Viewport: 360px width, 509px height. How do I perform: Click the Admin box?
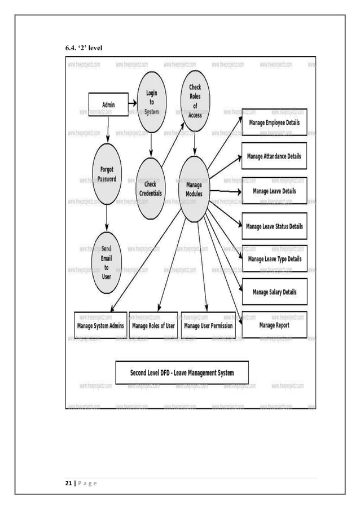(x=108, y=105)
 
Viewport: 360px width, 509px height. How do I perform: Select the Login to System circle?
(x=151, y=102)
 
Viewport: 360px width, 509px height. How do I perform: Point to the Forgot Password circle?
(x=107, y=174)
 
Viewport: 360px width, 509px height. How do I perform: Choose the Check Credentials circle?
(x=150, y=188)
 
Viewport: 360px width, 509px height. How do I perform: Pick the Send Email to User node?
(x=106, y=262)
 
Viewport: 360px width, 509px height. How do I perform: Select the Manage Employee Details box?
(x=274, y=122)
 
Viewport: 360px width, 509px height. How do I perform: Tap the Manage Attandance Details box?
(x=274, y=156)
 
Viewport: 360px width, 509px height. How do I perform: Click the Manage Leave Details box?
(x=274, y=191)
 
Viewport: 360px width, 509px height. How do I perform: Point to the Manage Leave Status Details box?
(x=274, y=226)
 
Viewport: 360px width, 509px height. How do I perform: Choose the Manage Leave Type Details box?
(x=274, y=259)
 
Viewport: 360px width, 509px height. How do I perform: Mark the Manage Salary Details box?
(x=274, y=292)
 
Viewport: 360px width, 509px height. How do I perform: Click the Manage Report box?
(x=274, y=325)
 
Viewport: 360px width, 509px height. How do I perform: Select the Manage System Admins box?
(x=100, y=326)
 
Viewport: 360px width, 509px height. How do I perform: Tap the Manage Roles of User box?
(x=153, y=326)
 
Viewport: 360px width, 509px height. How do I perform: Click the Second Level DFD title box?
(x=182, y=373)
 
